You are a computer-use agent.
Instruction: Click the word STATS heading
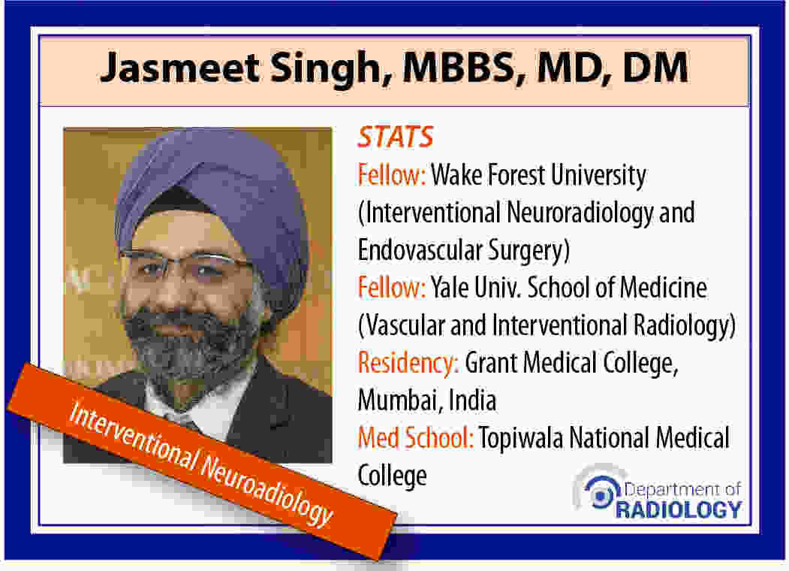396,137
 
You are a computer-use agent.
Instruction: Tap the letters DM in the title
655,67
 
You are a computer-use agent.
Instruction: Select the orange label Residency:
408,363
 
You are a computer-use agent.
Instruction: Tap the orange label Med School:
416,437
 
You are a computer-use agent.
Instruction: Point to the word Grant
490,363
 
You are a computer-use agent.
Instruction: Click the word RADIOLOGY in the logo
679,509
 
